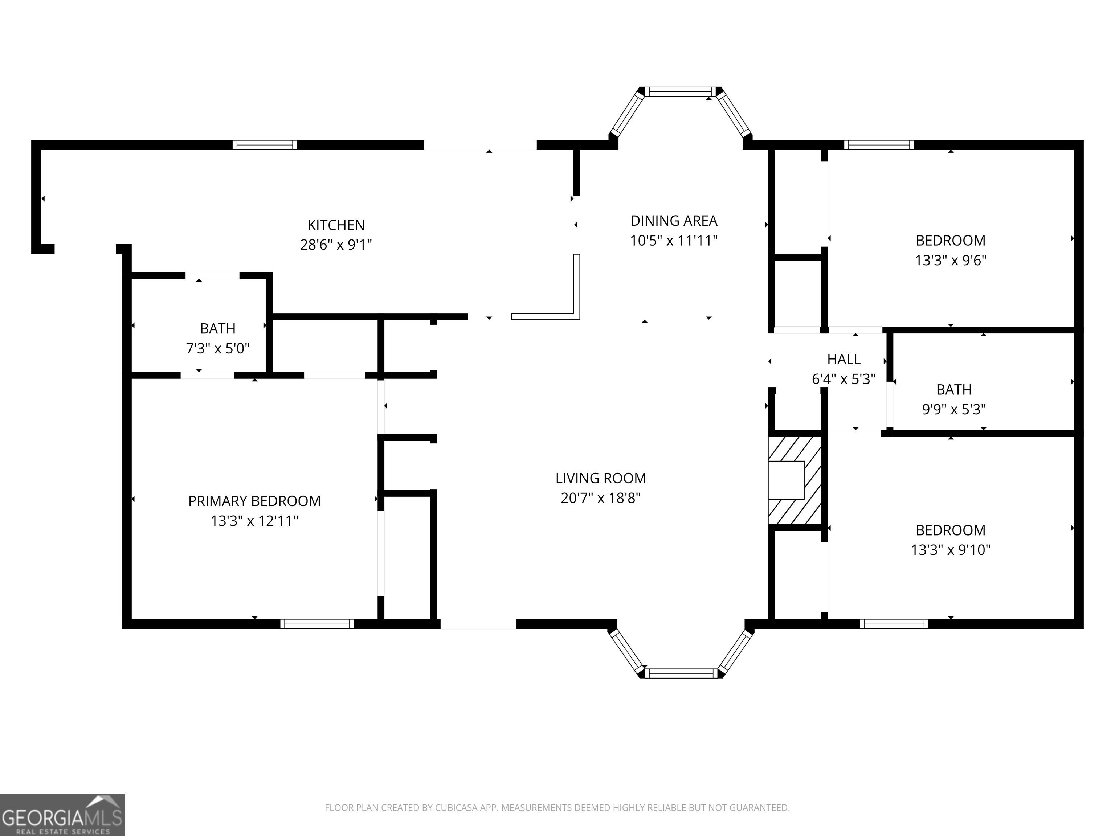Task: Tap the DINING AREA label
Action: (674, 221)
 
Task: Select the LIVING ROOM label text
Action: (600, 478)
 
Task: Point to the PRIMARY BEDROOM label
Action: (254, 501)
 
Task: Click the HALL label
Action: (844, 359)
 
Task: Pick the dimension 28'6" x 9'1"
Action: (336, 245)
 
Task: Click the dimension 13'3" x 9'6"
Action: (951, 260)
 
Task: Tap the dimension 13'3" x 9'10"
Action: (951, 549)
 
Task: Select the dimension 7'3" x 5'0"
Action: (218, 348)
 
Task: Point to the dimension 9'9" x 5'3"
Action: (954, 409)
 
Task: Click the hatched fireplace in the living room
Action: (795, 480)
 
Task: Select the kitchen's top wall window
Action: (265, 145)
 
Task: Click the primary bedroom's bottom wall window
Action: (317, 624)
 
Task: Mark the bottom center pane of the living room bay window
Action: (681, 673)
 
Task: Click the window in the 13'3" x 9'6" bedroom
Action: (879, 145)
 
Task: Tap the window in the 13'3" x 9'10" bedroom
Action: (894, 624)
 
